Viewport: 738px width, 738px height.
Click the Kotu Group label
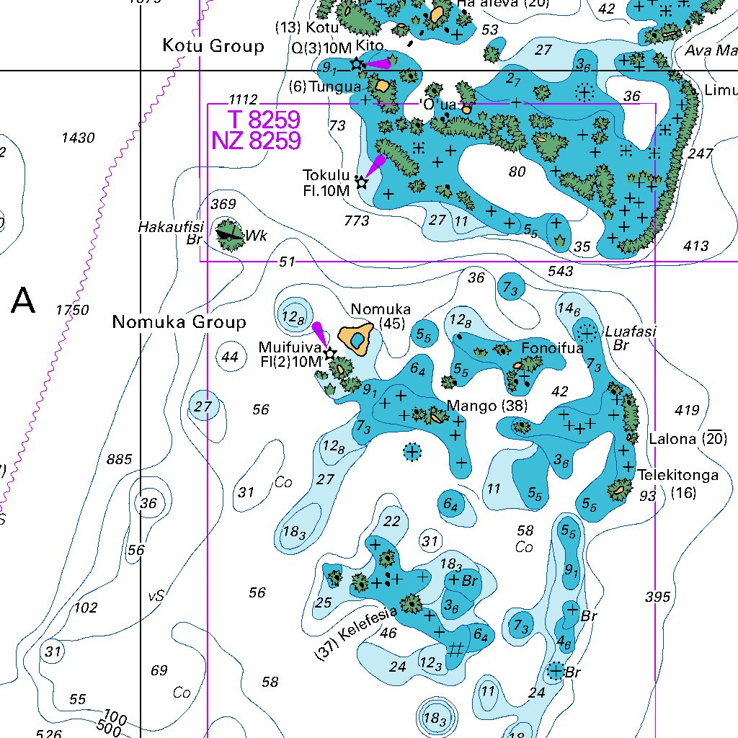coord(213,47)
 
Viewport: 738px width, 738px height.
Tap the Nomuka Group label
coord(179,322)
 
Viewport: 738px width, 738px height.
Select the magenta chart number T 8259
coord(264,120)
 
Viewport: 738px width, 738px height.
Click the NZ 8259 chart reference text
coord(256,141)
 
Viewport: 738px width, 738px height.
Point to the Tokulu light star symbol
coord(362,183)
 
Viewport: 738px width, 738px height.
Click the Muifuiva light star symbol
coord(330,354)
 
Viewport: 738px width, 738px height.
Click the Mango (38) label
coord(487,406)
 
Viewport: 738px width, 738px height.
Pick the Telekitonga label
coord(677,476)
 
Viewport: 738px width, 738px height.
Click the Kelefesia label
coord(357,633)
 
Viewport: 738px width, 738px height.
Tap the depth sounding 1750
coord(73,311)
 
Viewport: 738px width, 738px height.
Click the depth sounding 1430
coord(78,138)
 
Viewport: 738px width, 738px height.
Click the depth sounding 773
coord(357,221)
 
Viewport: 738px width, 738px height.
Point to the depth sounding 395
coord(657,597)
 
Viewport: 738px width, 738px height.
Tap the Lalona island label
coord(672,439)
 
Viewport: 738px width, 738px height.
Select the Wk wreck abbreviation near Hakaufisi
coord(256,236)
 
